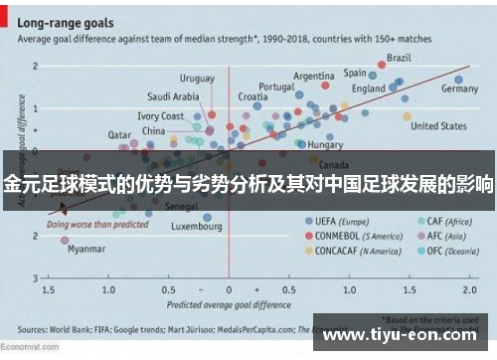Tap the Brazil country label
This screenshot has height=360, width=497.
pyautogui.click(x=400, y=57)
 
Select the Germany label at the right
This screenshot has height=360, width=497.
pyautogui.click(x=459, y=89)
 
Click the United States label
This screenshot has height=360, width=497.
pyautogui.click(x=438, y=126)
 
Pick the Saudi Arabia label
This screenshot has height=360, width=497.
pyautogui.click(x=172, y=96)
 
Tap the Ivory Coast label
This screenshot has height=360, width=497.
pyautogui.click(x=160, y=116)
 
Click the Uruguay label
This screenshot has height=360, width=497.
pyautogui.click(x=196, y=79)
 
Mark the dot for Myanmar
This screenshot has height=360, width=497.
pyautogui.click(x=65, y=241)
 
